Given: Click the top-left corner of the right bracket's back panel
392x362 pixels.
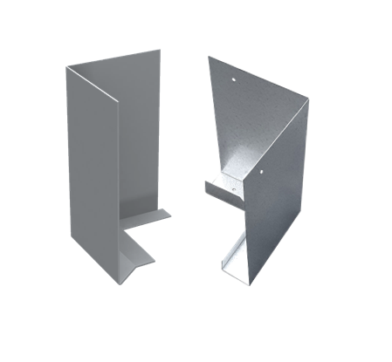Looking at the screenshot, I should point(210,58).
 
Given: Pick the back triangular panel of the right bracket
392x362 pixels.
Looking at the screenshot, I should point(229,122).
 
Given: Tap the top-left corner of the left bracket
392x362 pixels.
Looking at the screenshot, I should point(67,67).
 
